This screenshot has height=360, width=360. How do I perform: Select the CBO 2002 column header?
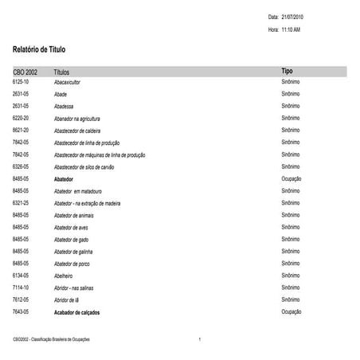pos(25,72)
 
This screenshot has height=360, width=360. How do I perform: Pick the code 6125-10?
pos(21,82)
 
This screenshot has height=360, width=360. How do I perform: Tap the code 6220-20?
pos(21,118)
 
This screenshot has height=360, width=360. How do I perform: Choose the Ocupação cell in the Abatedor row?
pos(292,179)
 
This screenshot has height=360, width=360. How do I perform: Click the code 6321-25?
pos(21,203)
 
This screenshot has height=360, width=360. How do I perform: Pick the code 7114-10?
pos(21,287)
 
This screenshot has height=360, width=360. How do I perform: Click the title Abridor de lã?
pos(69,299)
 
